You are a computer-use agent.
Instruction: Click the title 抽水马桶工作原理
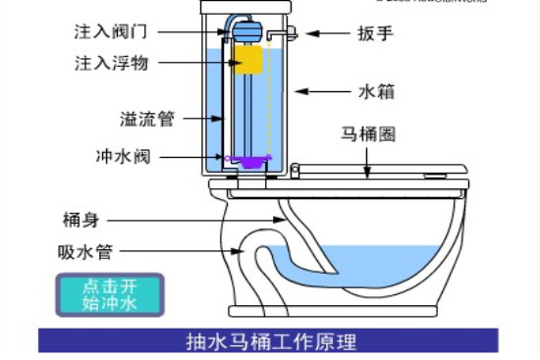pyautogui.click(x=270, y=341)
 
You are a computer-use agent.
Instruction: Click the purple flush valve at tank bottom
pyautogui.click(x=247, y=158)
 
